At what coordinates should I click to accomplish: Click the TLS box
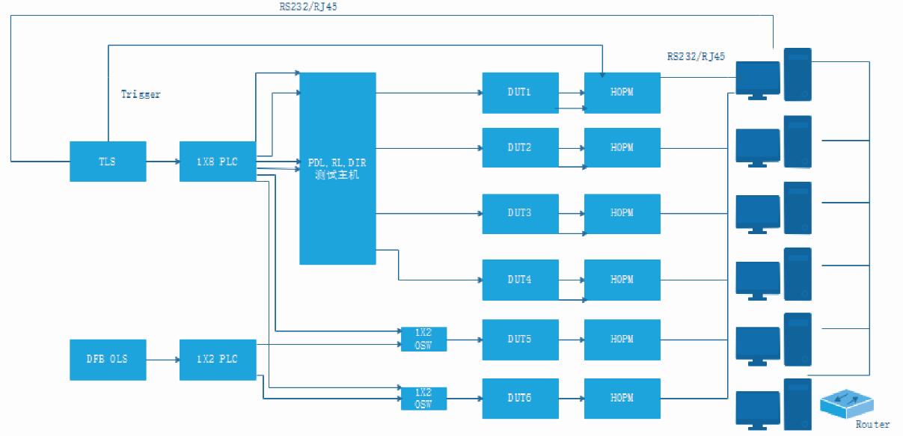pos(108,161)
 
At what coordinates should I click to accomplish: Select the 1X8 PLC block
pos(218,161)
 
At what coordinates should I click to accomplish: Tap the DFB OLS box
pos(108,359)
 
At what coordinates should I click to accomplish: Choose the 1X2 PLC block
pos(218,359)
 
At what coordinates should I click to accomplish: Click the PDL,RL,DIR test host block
pos(337,168)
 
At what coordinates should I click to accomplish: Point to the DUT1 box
pos(520,93)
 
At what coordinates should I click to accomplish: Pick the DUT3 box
pos(520,213)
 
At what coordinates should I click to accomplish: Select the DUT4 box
pos(520,280)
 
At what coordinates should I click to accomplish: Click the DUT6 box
pos(520,398)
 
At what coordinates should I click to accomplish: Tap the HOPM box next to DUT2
pos(622,147)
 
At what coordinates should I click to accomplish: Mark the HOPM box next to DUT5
pos(622,340)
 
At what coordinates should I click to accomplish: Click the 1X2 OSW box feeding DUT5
pos(423,339)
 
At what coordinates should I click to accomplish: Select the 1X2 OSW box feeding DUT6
pos(423,398)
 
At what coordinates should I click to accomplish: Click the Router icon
pos(848,403)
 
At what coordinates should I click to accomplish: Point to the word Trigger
pos(141,95)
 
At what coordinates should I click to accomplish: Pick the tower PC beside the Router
pos(798,404)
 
